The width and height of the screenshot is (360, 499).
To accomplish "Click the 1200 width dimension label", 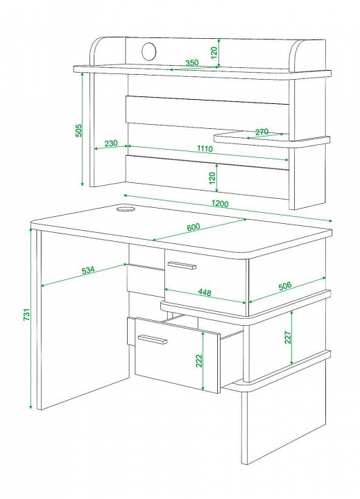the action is click(x=219, y=202).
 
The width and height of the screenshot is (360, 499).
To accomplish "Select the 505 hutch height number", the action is click(x=78, y=130).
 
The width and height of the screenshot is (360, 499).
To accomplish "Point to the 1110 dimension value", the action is click(x=205, y=148).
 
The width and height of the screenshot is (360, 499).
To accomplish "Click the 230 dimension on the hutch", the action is click(x=111, y=143).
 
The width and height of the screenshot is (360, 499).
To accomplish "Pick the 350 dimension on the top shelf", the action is click(x=191, y=62).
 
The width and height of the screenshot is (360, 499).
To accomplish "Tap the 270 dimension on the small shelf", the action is click(x=262, y=132).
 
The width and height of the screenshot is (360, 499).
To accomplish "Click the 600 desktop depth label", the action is click(x=193, y=227).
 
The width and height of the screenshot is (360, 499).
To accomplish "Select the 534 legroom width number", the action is click(x=88, y=270).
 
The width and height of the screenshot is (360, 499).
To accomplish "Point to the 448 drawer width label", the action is click(x=204, y=292).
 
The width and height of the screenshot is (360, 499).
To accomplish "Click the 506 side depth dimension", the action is click(x=285, y=286).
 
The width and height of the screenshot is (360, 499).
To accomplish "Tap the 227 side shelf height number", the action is click(x=288, y=338).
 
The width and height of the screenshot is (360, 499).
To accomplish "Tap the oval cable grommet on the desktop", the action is click(x=126, y=209).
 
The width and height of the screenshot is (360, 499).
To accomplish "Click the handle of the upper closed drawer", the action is click(x=181, y=265).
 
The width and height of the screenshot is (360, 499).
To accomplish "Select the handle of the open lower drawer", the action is click(x=153, y=339).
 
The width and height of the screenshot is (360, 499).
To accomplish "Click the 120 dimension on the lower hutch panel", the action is click(x=212, y=178).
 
